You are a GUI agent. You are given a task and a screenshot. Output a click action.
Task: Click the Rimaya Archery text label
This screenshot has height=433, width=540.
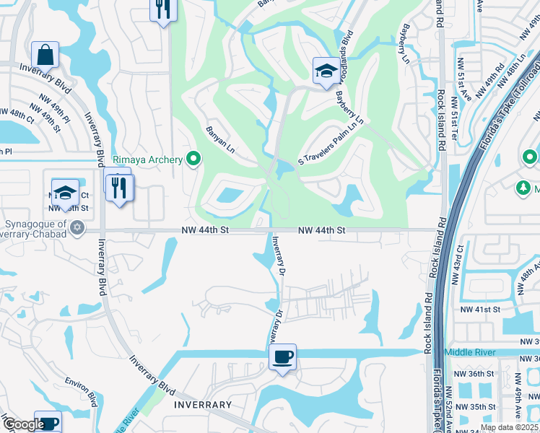pos(148,159)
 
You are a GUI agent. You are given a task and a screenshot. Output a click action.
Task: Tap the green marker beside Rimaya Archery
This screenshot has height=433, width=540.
pos(193,159)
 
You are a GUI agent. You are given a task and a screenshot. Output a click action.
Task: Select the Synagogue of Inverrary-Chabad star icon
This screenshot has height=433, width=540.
pos(78,229)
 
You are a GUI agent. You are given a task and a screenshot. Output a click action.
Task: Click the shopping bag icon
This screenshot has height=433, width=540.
pos(45,55)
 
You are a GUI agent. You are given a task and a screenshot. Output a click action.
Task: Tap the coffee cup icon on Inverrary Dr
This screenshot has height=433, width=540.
pos(282,357)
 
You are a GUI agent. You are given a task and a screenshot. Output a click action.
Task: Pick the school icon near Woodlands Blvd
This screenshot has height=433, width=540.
pos(325,71)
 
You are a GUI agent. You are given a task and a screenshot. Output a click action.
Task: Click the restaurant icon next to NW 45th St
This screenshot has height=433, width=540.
pos(119,188)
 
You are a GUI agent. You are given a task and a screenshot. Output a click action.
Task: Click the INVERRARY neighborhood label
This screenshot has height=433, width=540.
pos(203,405)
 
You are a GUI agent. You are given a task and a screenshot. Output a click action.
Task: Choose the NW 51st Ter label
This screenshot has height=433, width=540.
pos(455,115)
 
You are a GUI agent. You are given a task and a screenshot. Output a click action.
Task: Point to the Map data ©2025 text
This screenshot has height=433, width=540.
pos(509,427)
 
